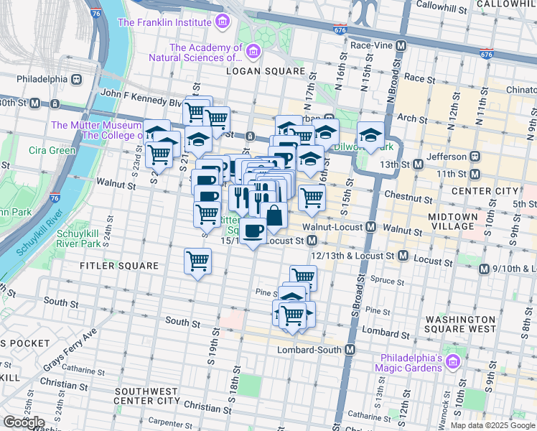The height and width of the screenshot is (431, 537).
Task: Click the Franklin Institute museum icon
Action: pos(223,22)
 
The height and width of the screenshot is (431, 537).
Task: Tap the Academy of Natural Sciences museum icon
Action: pos(253,51)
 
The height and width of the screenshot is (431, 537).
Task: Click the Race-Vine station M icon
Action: pos(401,45)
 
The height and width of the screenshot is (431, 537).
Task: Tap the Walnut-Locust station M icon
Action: pos(370,227)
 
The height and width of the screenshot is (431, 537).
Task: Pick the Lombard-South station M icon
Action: pos(350,350)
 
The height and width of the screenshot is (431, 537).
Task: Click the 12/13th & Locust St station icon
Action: pos(403,256)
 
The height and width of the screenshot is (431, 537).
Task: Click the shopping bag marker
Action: pos(274,215)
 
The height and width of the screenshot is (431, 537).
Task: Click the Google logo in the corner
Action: pos(24,422)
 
